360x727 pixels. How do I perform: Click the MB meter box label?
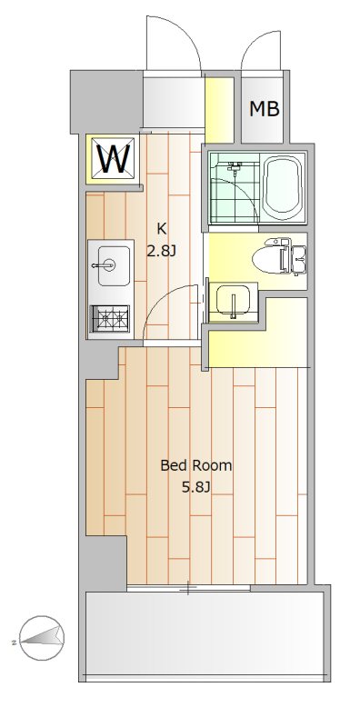[x=265, y=110]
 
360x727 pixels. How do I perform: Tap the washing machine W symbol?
[x=113, y=160]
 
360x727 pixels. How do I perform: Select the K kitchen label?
[x=162, y=228]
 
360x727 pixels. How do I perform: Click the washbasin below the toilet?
[x=233, y=302]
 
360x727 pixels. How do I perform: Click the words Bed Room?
[x=195, y=466]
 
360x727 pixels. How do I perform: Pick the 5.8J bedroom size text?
[x=196, y=488]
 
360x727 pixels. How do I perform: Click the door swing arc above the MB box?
[x=263, y=50]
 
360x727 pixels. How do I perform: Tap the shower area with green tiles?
[x=232, y=188]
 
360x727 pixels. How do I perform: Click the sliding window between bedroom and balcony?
[x=189, y=588]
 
